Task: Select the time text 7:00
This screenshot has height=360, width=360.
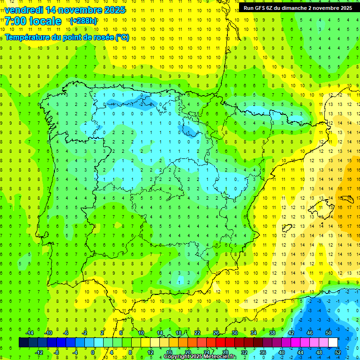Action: point(15,21)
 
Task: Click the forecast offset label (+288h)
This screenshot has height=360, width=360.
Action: point(83,21)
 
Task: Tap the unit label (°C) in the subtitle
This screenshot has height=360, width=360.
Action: point(122,37)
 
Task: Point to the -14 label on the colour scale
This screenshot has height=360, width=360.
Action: point(29,333)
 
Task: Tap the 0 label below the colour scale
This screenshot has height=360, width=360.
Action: point(92,352)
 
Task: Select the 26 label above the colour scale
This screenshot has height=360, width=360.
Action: point(216,333)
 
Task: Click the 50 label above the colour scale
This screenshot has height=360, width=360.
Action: point(329,333)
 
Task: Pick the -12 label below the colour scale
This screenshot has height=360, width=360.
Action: point(38,352)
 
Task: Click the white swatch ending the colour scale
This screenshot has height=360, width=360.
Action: point(333,342)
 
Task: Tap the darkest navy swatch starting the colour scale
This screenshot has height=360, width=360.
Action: point(23,342)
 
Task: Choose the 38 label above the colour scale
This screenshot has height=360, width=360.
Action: point(272,333)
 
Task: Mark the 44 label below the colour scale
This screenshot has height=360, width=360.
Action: point(300,352)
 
